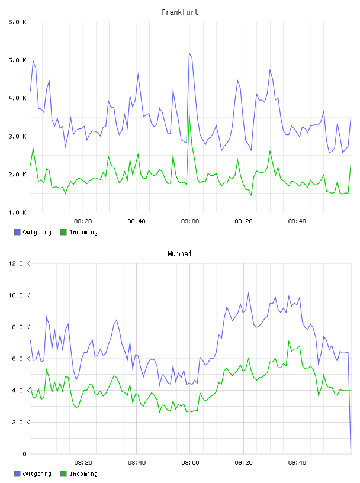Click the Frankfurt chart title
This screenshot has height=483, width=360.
click(x=180, y=12)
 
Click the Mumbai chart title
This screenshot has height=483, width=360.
click(x=179, y=254)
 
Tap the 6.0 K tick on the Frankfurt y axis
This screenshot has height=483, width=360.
click(x=17, y=22)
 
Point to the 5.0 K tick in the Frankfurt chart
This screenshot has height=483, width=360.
click(x=17, y=60)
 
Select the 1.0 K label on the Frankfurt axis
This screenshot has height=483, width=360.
click(x=17, y=212)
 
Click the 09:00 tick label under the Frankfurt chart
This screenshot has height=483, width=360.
click(x=190, y=221)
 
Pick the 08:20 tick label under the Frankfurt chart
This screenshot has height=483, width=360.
click(x=83, y=221)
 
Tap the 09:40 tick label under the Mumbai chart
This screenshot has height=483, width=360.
click(x=297, y=463)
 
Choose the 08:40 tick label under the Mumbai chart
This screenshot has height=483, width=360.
click(x=137, y=463)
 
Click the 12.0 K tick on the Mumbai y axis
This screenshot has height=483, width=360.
click(x=19, y=263)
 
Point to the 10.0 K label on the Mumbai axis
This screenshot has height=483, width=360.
click(x=19, y=295)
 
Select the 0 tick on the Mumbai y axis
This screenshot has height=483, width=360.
click(x=24, y=454)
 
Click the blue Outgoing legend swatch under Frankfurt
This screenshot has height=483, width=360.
click(x=17, y=232)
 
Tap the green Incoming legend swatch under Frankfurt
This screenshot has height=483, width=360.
click(x=63, y=232)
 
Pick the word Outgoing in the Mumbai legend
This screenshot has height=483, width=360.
click(x=37, y=474)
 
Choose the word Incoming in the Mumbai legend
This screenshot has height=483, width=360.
click(x=83, y=474)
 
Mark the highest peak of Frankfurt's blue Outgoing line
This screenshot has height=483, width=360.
click(x=189, y=53)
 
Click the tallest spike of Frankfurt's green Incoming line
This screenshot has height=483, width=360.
click(x=189, y=115)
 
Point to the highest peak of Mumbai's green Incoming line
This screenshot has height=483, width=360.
click(x=289, y=341)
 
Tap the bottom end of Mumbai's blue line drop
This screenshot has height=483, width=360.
click(x=351, y=449)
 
